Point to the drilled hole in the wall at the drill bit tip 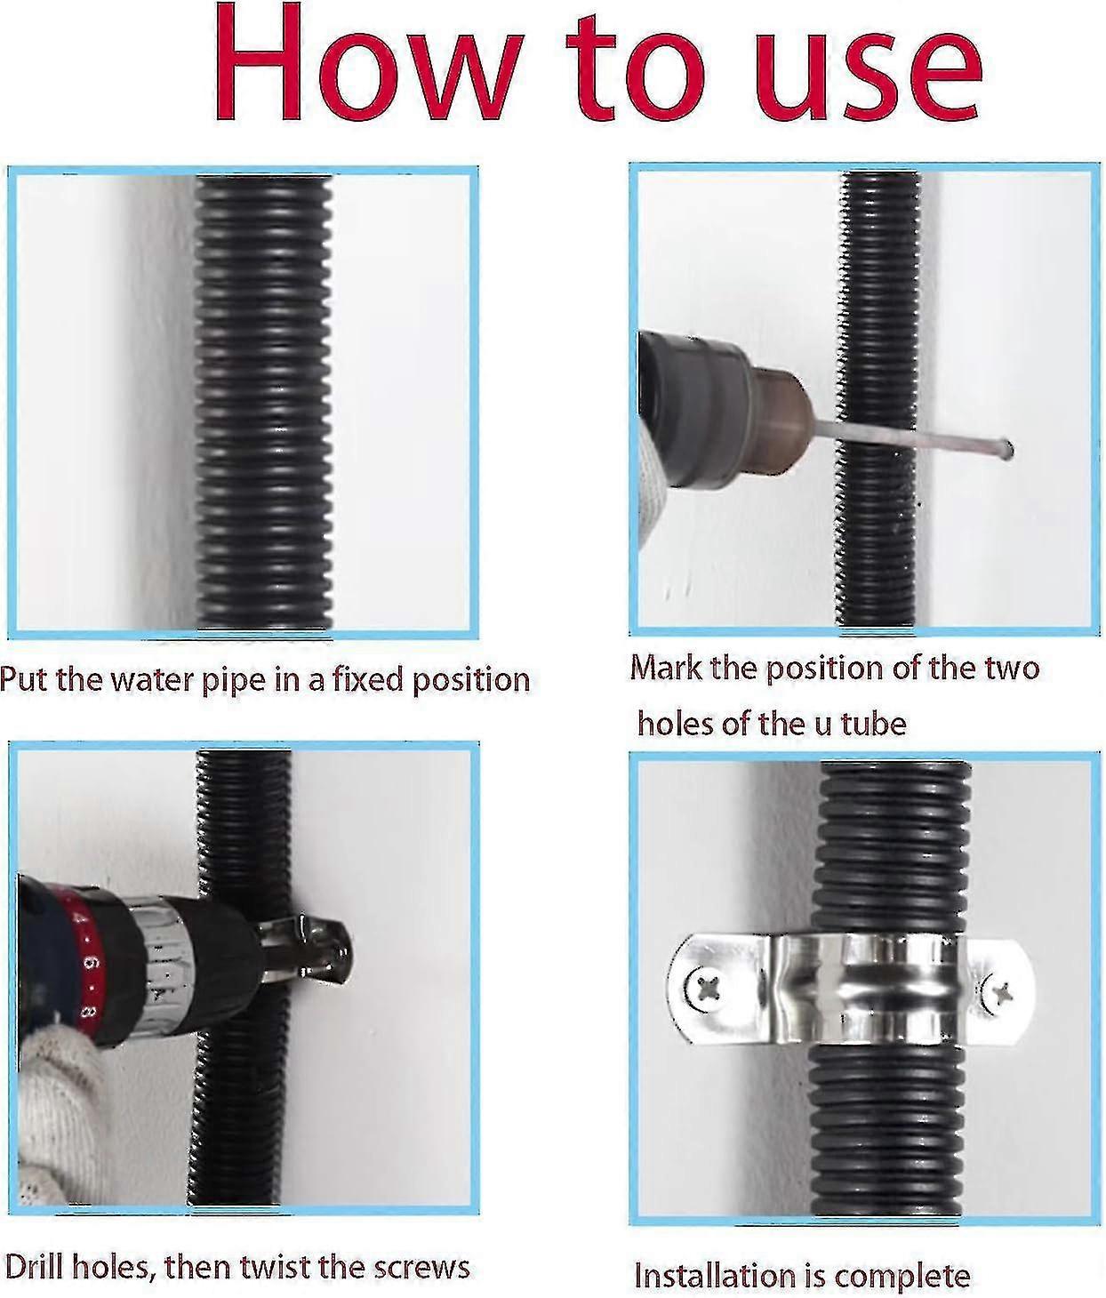click(x=1008, y=450)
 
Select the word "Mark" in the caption click(x=666, y=667)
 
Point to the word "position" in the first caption click(x=471, y=681)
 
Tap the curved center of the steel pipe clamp click(x=867, y=989)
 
